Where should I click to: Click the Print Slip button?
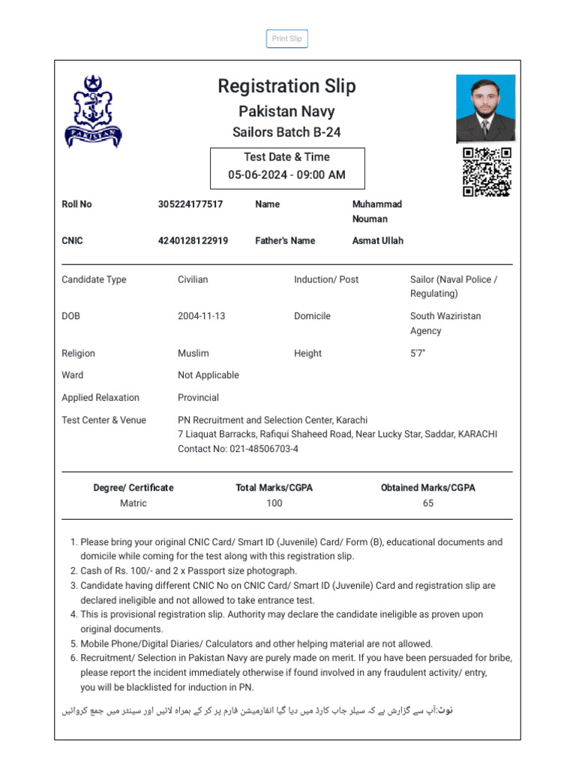coord(286,39)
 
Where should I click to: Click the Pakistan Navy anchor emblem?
coord(92,112)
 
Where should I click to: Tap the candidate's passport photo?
coord(485,108)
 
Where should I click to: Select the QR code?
coord(487,172)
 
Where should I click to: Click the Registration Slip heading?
coord(286,86)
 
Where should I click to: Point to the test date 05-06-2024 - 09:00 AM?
coord(286,175)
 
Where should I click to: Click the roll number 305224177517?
coord(190,204)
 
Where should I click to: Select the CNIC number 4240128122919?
coord(193,241)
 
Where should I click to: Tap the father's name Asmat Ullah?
coord(377,241)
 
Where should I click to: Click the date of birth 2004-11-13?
coord(201,316)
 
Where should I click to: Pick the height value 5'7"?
coord(418,353)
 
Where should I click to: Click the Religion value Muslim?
coord(193,353)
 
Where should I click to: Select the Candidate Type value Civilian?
coord(193,279)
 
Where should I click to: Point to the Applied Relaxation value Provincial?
coord(198,397)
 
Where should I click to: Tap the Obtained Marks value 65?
coord(427,503)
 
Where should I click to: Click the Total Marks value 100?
coord(274,503)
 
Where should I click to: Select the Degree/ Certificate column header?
coord(133,487)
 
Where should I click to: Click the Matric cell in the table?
coord(133,503)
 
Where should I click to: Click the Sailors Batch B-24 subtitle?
coord(286,132)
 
